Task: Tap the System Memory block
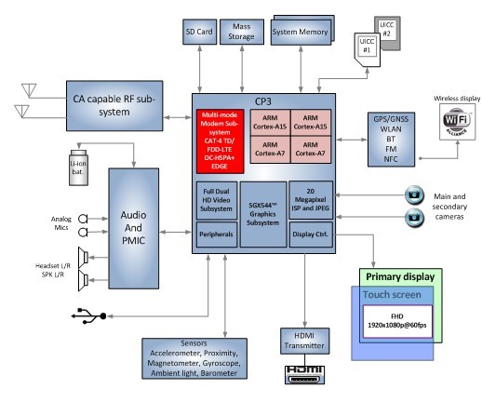pyautogui.click(x=302, y=31)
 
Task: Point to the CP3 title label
pyautogui.click(x=261, y=101)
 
